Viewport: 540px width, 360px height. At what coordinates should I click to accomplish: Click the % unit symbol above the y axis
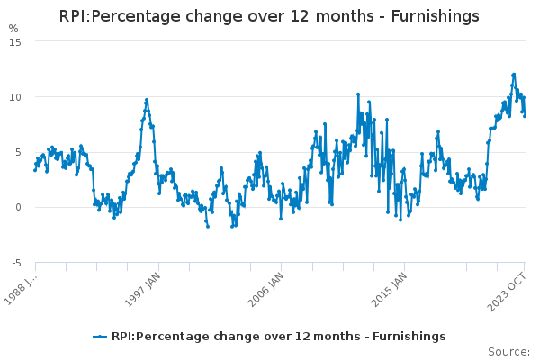point(13,29)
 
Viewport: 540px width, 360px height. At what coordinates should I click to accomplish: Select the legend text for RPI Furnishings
point(278,337)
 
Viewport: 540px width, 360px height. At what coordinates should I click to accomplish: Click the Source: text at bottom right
point(508,351)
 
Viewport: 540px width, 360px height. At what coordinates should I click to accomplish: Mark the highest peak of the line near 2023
point(514,75)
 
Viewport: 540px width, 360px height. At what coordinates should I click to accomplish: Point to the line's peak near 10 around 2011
point(357,94)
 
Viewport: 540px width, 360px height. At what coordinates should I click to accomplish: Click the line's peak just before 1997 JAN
point(147,100)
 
